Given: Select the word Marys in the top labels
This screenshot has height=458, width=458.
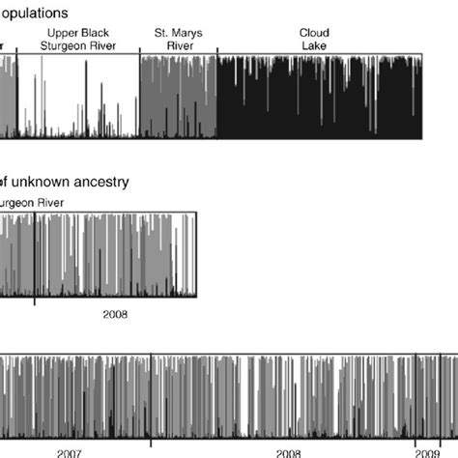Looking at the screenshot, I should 186,32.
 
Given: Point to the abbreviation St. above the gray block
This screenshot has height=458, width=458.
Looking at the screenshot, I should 162,32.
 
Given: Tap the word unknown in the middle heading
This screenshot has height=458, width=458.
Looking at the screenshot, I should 46,181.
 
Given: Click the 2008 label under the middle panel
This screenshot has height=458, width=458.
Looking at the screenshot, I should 114,313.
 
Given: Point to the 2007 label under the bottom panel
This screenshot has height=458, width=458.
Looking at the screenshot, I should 69,452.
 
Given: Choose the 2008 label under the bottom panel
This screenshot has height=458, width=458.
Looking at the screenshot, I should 287,452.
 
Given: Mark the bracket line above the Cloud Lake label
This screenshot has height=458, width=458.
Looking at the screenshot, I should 320,53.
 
